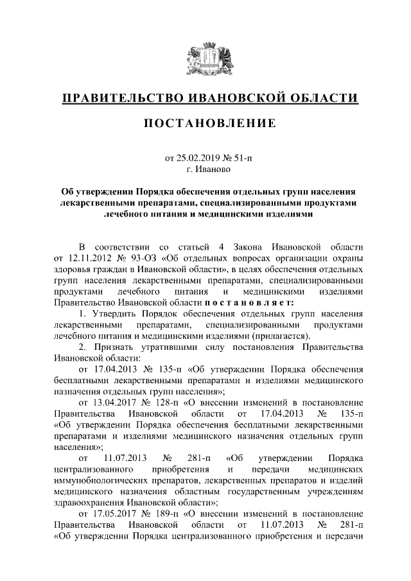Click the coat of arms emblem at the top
[x=205, y=58]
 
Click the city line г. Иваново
[x=205, y=169]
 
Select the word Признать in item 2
[x=112, y=347]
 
